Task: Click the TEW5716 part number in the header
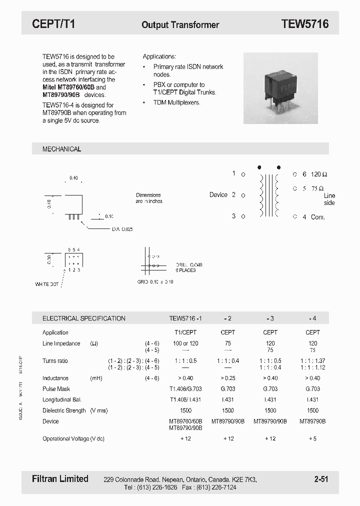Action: coord(304,24)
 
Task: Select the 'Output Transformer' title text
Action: coord(180,24)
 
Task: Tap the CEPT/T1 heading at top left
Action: coord(53,24)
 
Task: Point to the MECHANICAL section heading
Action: coord(61,149)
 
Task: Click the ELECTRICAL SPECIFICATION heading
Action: coord(83,318)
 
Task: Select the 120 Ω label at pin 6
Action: coord(319,174)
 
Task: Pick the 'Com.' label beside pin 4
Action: coord(318,217)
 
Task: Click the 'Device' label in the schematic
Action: coord(218,195)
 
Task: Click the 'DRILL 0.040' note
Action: coord(189,265)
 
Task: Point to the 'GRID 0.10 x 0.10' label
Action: coord(155,282)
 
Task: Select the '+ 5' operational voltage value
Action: coord(312,438)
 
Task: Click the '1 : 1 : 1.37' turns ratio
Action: coord(312,361)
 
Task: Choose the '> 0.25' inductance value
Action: coord(228,378)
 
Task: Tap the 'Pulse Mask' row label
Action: coord(56,389)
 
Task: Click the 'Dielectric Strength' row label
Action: coord(64,410)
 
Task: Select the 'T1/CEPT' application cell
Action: coord(185,332)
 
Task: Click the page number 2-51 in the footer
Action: coord(321,479)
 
